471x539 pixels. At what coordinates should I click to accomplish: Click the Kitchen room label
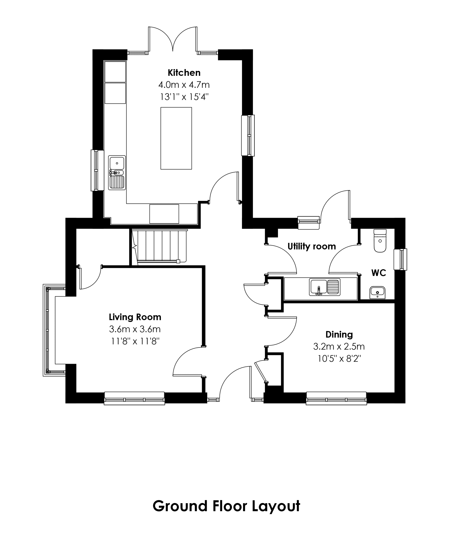point(184,72)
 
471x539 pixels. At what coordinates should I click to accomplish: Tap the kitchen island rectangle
point(176,138)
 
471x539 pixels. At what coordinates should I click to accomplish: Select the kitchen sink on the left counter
point(117,173)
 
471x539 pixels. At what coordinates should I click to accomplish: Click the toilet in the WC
point(380,241)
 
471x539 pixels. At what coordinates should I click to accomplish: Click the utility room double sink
point(325,287)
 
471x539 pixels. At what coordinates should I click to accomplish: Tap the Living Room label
point(135,317)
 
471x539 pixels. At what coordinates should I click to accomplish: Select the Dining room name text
point(339,335)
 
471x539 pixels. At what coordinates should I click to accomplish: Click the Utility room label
point(312,247)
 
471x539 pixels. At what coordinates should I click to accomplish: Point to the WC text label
point(379,273)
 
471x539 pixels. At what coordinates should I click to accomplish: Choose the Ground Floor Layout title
point(226,506)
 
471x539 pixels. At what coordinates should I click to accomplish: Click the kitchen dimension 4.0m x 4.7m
point(184,85)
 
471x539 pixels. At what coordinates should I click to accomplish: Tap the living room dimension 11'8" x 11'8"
point(135,341)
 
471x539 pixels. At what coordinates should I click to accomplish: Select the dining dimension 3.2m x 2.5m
point(339,347)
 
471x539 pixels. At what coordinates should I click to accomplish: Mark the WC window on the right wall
point(400,259)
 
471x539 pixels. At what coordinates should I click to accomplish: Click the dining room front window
point(336,398)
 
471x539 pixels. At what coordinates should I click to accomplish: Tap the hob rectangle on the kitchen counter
point(164,214)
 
